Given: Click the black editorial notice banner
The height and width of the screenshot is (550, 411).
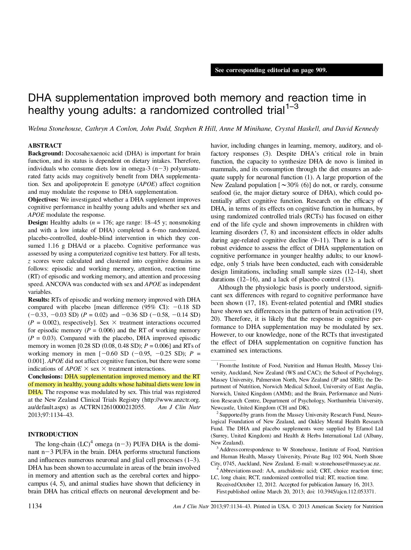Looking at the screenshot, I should coord(297,70).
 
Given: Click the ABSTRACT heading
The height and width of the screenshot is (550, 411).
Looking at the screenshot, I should coord(45,146).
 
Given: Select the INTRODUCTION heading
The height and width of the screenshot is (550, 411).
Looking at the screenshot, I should coord(53,434).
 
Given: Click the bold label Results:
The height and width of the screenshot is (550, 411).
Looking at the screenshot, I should coord(39,300).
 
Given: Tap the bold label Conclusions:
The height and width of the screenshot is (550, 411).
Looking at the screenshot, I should coord(45,376).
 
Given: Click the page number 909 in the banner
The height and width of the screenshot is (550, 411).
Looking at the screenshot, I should coord(321,70).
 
